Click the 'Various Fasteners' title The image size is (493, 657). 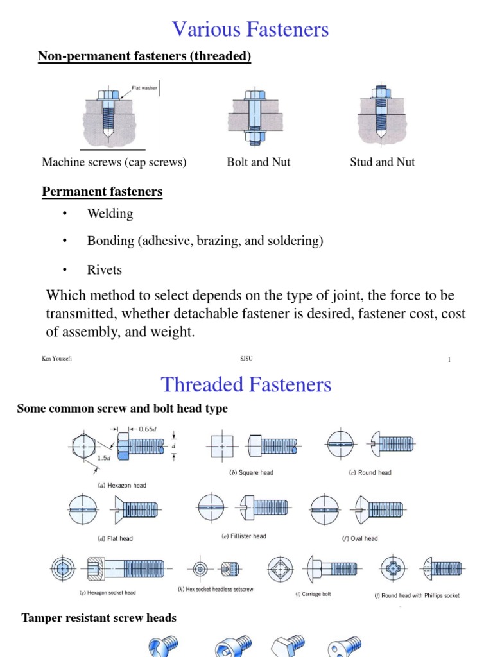[250, 30]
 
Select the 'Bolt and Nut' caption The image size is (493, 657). [258, 162]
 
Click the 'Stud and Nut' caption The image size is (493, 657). [382, 162]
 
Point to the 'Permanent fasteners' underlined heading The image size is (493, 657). [102, 192]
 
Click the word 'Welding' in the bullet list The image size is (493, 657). [110, 214]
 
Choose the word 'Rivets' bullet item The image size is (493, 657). [104, 270]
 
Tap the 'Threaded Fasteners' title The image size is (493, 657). [246, 384]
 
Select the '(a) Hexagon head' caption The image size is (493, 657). [121, 486]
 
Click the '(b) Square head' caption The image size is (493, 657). [251, 473]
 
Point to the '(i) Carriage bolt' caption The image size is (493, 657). [313, 595]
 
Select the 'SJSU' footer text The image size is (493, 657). [246, 359]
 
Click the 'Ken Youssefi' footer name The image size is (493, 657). [56, 359]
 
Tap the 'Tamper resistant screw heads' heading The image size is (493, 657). [99, 619]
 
